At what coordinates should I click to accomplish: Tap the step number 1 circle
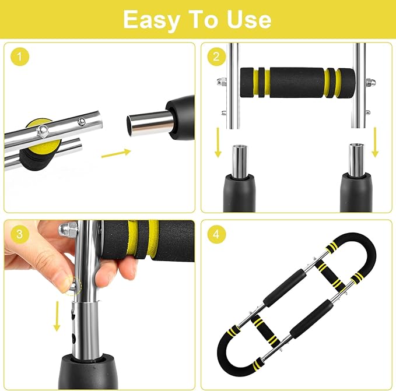pyautogui.click(x=21, y=57)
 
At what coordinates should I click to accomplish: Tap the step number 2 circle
pyautogui.click(x=216, y=57)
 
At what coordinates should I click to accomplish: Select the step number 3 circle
pyautogui.click(x=21, y=234)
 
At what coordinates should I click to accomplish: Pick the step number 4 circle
pyautogui.click(x=216, y=234)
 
